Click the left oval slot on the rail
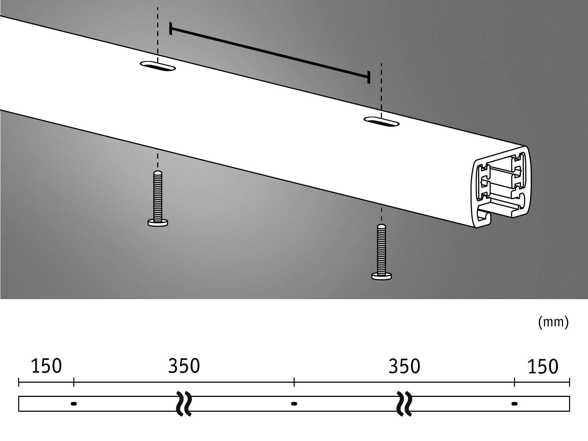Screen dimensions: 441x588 tap(158, 66)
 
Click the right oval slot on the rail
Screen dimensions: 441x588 tap(382, 121)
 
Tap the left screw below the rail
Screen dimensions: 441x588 tap(158, 198)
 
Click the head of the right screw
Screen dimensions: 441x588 tap(382, 276)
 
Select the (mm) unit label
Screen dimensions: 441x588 tap(553, 322)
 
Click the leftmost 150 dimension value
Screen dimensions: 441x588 tap(46, 366)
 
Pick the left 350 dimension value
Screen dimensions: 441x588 tap(184, 366)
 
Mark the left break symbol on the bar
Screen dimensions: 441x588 tap(184, 404)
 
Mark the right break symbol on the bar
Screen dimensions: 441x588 tap(404, 404)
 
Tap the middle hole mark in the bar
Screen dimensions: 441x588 tap(294, 404)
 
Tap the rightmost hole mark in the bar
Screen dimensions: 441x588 tap(514, 404)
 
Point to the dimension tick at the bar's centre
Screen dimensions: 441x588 tap(294, 382)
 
